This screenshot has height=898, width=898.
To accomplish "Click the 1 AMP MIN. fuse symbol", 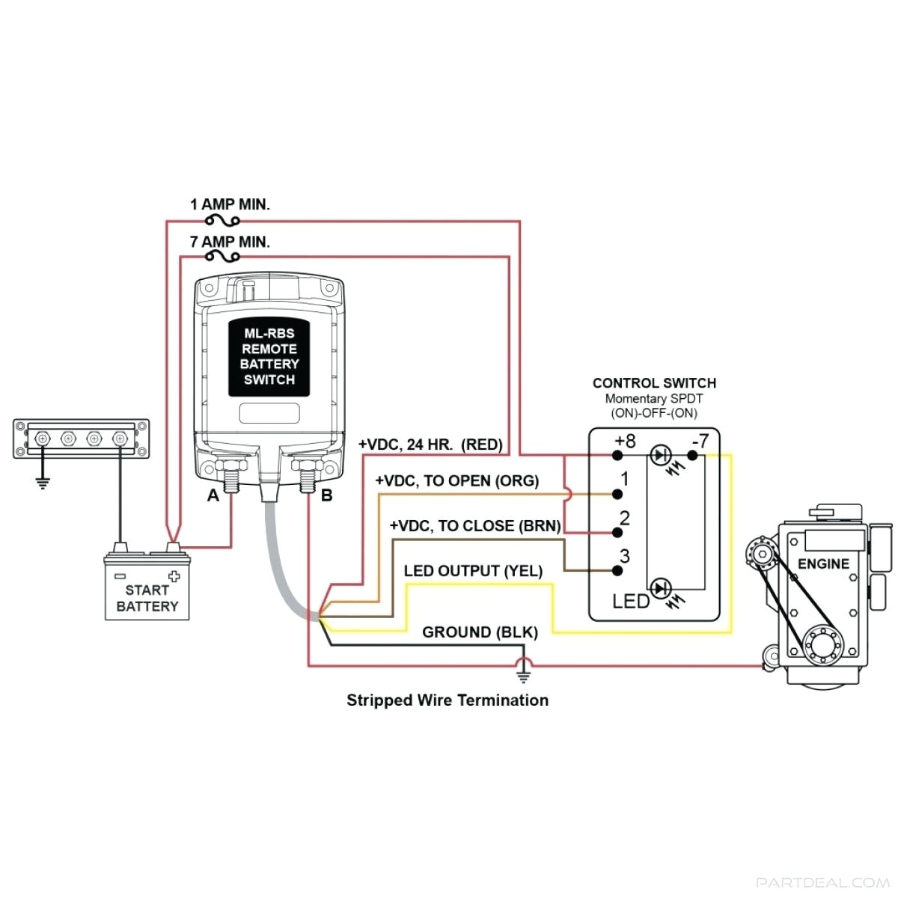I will point(222,220).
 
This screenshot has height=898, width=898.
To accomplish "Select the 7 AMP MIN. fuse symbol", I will point(222,257).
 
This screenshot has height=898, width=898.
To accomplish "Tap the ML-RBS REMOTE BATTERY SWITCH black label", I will point(269,357).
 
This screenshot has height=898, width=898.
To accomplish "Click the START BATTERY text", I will point(147,598).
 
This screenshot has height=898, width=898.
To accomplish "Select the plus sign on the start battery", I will point(174,575).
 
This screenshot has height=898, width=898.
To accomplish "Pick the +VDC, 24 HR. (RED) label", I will point(430,444).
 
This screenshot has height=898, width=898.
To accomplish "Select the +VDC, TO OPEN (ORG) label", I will point(456,480).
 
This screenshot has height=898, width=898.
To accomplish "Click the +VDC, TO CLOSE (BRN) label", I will point(475,525).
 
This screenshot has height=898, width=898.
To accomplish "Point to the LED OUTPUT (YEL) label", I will point(473,571).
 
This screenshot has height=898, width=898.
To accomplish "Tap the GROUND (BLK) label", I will point(480,632).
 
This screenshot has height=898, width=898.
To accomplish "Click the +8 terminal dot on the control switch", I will point(618,455).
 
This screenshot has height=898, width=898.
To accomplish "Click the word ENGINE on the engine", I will point(823,563).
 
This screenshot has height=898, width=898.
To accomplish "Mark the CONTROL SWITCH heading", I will point(654,383).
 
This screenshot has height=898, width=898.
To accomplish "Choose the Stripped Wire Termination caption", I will point(448,700).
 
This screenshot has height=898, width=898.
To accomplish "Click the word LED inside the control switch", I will point(630,601).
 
